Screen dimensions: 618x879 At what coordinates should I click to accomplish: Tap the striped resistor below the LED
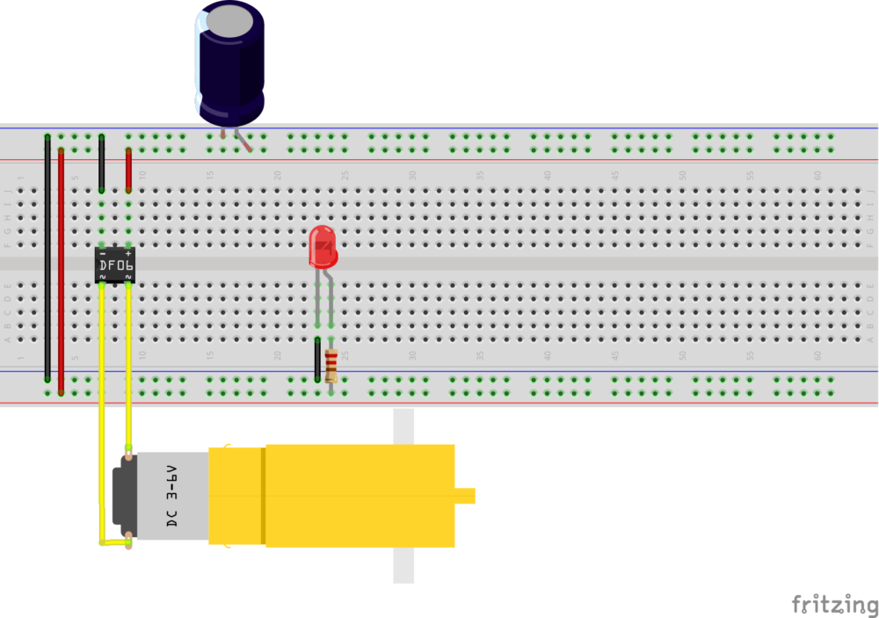pyautogui.click(x=331, y=365)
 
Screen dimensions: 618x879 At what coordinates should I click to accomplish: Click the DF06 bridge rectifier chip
pyautogui.click(x=115, y=265)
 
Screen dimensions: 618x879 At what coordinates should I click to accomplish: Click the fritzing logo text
pyautogui.click(x=834, y=605)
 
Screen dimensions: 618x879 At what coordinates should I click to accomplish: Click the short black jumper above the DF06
pyautogui.click(x=102, y=164)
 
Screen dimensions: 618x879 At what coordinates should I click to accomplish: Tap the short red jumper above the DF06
pyautogui.click(x=128, y=170)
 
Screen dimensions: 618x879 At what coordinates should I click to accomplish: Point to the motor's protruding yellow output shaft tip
pyautogui.click(x=466, y=496)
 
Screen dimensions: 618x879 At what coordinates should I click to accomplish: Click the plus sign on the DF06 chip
pyautogui.click(x=128, y=253)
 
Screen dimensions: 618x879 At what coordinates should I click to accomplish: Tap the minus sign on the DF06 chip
pyautogui.click(x=103, y=253)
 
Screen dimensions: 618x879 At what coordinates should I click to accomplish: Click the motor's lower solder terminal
pyautogui.click(x=129, y=538)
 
